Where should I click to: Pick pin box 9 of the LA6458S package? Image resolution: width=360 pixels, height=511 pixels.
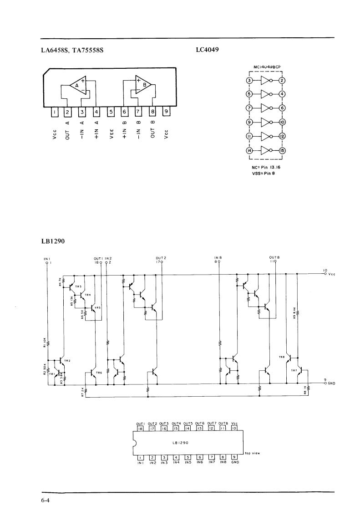coord(167,111)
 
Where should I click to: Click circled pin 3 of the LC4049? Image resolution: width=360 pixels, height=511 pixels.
coord(249,81)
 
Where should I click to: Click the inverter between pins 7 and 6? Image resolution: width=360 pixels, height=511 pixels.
coord(266,108)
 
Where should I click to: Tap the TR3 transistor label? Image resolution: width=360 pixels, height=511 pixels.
coord(78,286)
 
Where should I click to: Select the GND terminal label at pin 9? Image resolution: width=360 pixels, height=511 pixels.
coord(331,383)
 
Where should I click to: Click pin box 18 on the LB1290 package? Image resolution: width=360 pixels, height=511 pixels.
coord(141,428)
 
